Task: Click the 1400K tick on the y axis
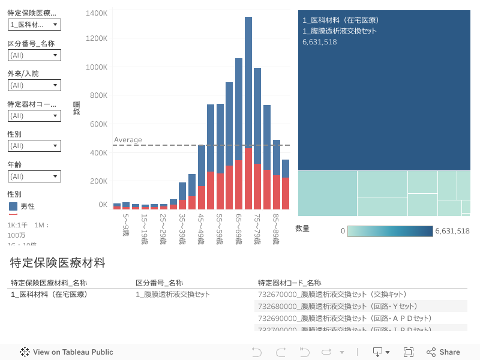pos(97,13)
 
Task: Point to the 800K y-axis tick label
pos(98,95)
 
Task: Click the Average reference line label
pos(128,140)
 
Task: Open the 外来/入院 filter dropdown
pos(34,85)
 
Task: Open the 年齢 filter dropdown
pos(34,176)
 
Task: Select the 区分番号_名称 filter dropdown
pos(34,55)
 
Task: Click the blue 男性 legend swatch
pos(13,206)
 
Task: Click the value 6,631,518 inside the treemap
pos(319,42)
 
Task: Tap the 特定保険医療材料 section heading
pos(58,262)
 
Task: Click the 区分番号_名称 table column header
pos(159,283)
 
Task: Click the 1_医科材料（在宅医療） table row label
pos(49,294)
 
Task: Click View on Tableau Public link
pos(67,352)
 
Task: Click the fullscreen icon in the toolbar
pos(409,352)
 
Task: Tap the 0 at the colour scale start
pos(343,231)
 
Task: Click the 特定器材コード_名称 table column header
pos(289,283)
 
